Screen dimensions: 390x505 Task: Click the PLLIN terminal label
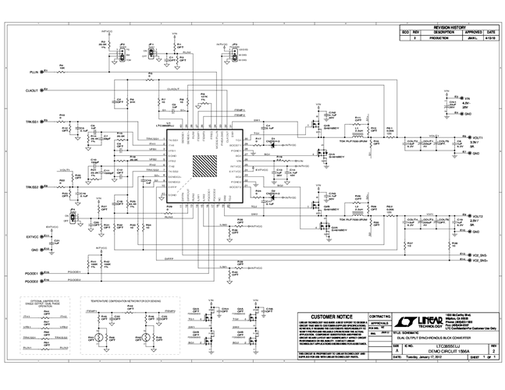pyautogui.click(x=33, y=71)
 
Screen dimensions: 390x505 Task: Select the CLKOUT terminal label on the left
pyautogui.click(x=32, y=90)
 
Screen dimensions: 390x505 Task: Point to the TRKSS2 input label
pyautogui.click(x=32, y=187)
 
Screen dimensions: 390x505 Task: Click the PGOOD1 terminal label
pyautogui.click(x=32, y=272)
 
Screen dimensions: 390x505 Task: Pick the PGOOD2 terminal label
pyautogui.click(x=32, y=280)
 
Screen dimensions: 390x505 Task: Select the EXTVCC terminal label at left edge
pyautogui.click(x=32, y=236)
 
